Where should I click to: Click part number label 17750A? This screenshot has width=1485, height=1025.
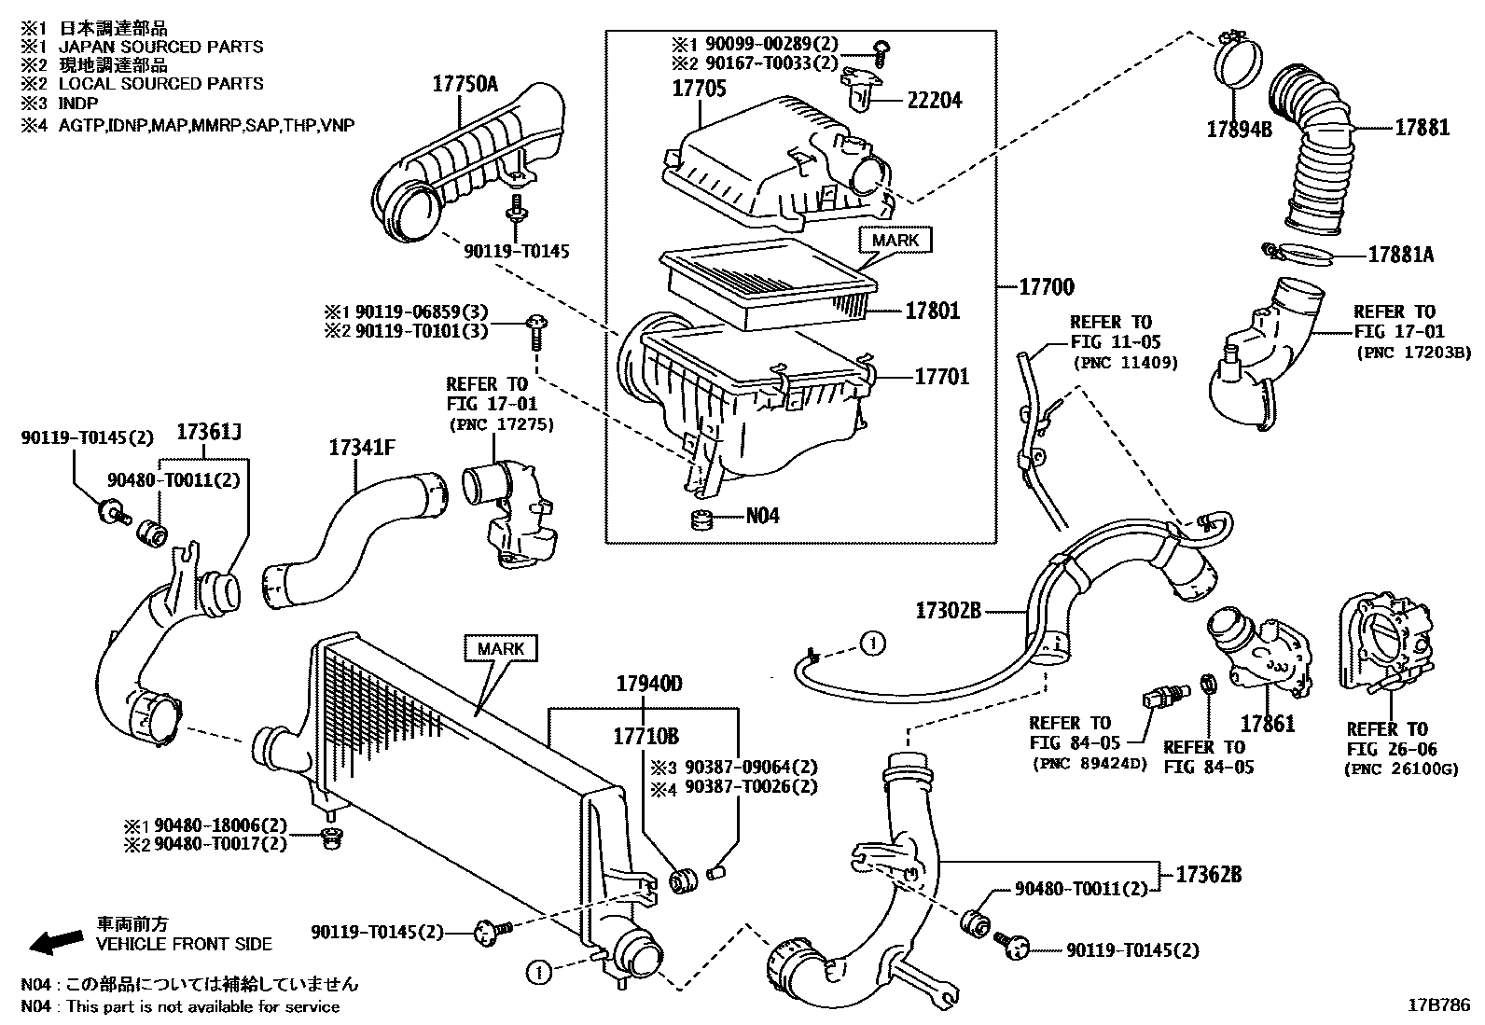pos(465,85)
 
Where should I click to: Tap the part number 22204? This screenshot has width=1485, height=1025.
pos(934,100)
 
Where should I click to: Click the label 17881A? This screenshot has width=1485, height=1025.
pos(1400,253)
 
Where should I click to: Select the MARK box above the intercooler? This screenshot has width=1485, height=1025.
pos(501,648)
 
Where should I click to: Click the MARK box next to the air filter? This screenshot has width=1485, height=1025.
pos(895,241)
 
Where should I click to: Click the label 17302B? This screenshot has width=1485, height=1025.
pos(948,611)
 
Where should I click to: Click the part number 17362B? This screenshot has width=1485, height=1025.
pos(1208,875)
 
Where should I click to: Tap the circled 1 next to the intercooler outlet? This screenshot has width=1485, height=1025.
pos(537,972)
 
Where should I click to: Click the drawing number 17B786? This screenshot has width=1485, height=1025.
pos(1438,1005)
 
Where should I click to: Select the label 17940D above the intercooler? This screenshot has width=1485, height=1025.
pos(648,685)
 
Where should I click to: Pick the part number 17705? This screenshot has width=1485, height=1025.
pos(699,90)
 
